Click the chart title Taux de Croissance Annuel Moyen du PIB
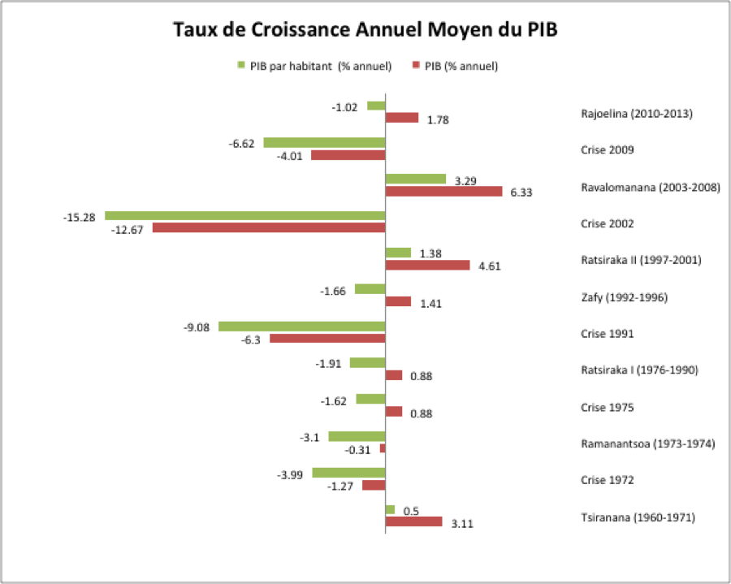click(x=365, y=31)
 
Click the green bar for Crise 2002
click(x=244, y=215)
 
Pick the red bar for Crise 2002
click(x=268, y=228)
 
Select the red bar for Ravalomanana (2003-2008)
click(x=443, y=192)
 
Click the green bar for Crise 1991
click(x=301, y=326)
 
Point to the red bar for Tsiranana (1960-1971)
click(x=413, y=521)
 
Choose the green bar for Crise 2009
click(x=323, y=142)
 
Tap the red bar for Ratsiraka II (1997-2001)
click(x=427, y=265)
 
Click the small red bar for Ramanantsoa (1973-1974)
click(x=383, y=448)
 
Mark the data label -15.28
click(x=80, y=217)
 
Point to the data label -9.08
click(x=198, y=327)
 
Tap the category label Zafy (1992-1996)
click(x=624, y=296)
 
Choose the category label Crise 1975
click(x=608, y=407)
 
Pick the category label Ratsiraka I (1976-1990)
click(x=639, y=370)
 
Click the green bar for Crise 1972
click(x=348, y=473)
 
